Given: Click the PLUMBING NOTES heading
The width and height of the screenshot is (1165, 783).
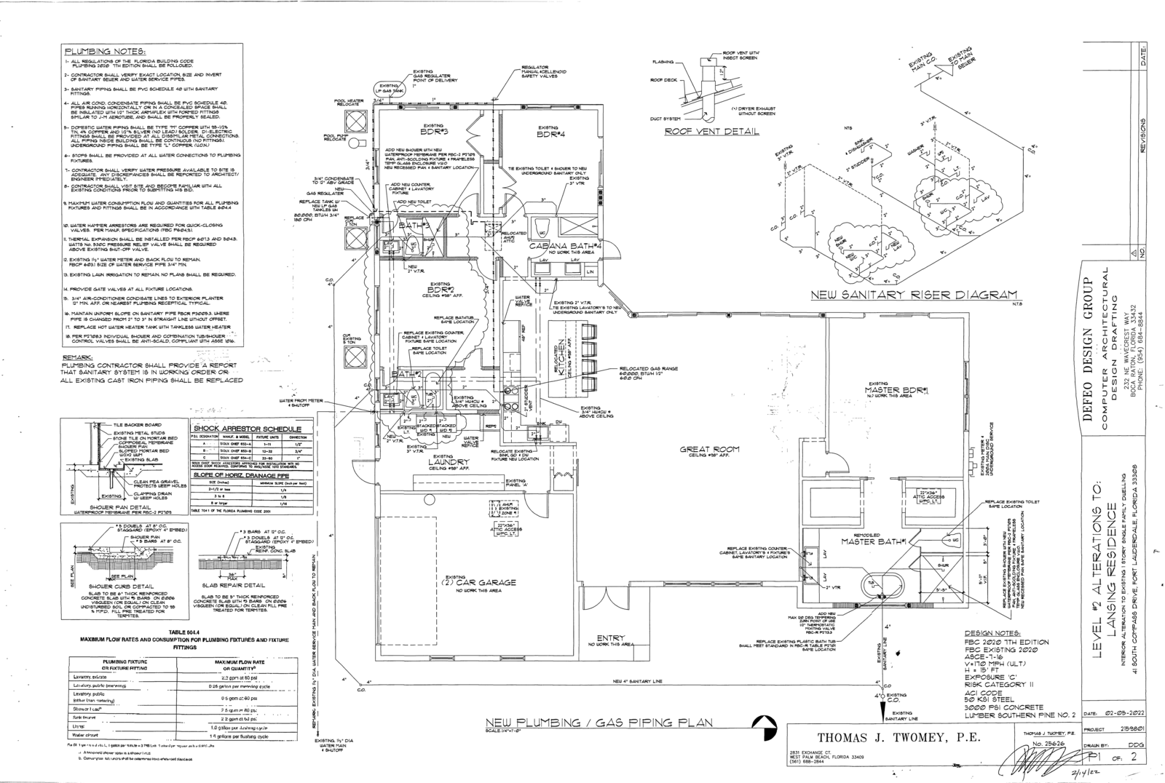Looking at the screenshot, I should (x=106, y=52).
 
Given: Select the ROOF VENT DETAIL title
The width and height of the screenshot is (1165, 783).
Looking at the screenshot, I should (x=711, y=132).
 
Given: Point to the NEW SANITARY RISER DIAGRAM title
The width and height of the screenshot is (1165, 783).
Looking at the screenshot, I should (x=913, y=295).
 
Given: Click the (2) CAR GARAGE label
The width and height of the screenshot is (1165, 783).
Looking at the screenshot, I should (x=480, y=582).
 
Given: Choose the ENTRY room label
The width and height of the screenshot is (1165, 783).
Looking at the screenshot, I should (x=610, y=638).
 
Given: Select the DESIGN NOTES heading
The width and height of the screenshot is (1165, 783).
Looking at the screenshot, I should (x=992, y=634).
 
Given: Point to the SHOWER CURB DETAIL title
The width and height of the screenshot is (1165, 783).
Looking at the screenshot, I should (x=120, y=585).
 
